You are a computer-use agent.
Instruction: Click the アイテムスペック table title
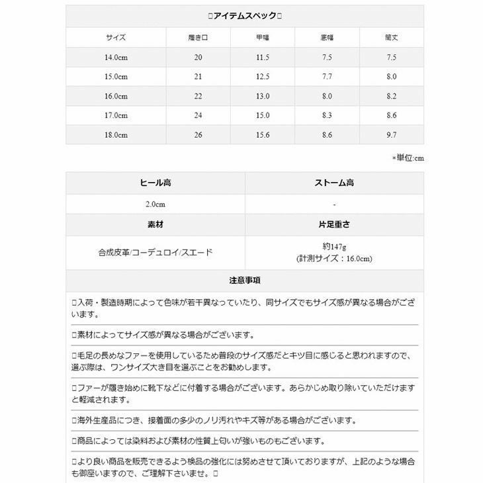coord(244,16)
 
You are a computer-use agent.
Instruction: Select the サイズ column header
coord(115,38)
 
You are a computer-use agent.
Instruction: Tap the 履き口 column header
coord(198,38)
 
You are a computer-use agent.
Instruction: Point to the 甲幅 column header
coord(263,38)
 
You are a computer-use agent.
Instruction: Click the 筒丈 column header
coord(392,38)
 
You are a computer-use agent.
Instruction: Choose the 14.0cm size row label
coord(115,58)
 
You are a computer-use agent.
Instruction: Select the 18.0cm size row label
coord(115,135)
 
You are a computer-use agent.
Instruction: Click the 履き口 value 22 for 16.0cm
coord(198,96)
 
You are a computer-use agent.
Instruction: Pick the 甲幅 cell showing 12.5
coord(263,77)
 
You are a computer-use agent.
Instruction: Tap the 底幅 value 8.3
coord(327,115)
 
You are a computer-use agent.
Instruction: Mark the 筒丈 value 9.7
coord(392,135)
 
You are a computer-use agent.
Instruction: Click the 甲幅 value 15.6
coord(263,135)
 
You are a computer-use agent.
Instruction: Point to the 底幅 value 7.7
coord(327,77)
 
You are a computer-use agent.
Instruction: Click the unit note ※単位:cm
coord(407,158)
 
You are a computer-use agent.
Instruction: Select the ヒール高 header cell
coord(155,183)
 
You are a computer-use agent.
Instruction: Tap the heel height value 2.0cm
coord(155,204)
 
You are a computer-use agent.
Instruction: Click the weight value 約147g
coord(334,246)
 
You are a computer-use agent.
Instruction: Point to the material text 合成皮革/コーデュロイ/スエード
coord(155,253)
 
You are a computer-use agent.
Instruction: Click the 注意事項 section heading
coord(244,281)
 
